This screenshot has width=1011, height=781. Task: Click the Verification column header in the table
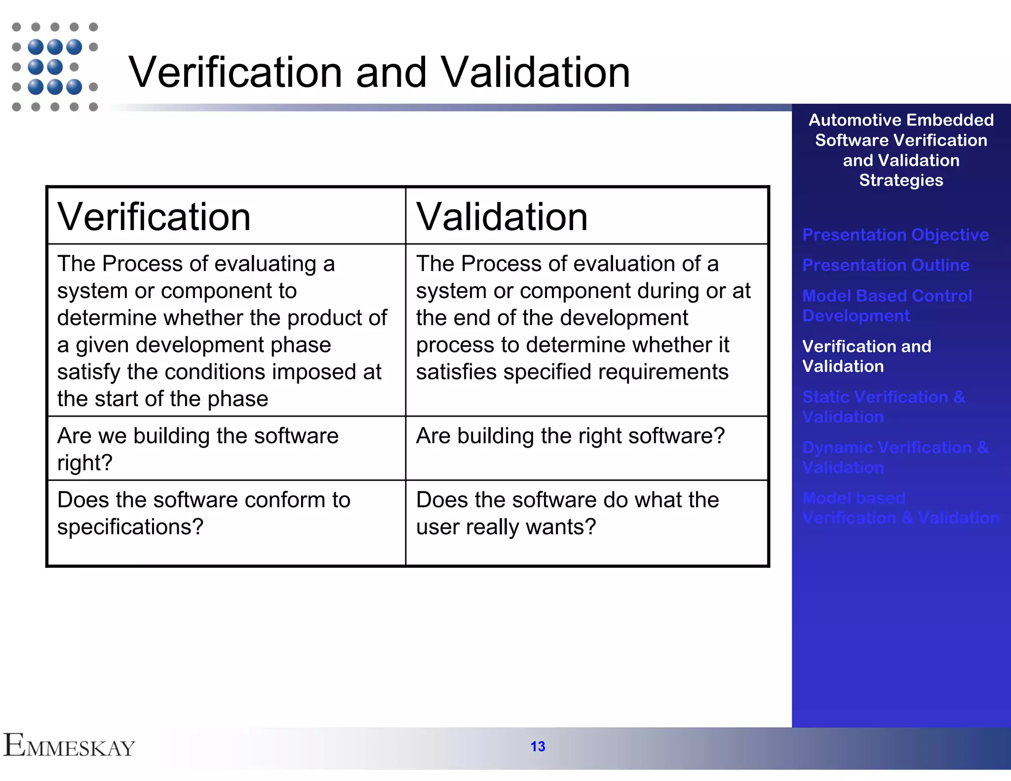point(154,217)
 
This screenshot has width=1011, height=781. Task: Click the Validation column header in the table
point(502,217)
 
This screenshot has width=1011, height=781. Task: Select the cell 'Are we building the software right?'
point(197,449)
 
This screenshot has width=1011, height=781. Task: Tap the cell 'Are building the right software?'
point(570,436)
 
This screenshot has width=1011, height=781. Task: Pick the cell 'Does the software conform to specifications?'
point(203,513)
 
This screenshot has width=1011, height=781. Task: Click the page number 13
point(538,746)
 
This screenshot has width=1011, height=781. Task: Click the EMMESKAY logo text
point(69,746)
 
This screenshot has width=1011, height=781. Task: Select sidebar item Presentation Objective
point(895,234)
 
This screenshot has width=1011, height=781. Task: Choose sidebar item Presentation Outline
point(886,265)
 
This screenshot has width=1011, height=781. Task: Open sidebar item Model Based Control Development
point(887,306)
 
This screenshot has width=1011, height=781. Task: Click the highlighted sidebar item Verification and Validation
point(866,356)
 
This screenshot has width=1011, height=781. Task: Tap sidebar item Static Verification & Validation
point(883,407)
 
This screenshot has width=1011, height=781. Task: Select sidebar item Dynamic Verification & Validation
point(894,457)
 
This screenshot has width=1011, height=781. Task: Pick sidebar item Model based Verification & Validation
point(900,508)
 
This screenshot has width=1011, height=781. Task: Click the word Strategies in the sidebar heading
point(901,180)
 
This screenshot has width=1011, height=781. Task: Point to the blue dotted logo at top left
point(55,67)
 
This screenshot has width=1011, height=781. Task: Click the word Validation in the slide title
point(535,73)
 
